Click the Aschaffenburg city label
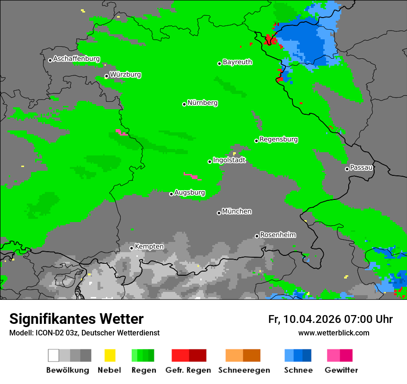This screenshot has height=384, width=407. coord(76,59)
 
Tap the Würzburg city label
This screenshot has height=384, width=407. coord(125,74)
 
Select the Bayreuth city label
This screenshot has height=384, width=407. coord(237,62)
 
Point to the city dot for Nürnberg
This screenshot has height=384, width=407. coord(184,104)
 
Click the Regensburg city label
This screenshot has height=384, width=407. coord(278,139)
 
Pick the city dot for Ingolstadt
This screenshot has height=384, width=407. coord(210,161)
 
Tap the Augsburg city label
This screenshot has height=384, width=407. coord(190,192)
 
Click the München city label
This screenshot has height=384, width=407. coord(237,211)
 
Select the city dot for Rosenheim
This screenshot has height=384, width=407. coord(257,236)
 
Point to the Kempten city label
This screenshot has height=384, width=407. coord(149,247)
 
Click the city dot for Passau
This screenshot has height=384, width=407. coord(347,169)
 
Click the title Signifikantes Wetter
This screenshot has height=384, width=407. coord(76,319)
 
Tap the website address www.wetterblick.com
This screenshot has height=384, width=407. coord(333,333)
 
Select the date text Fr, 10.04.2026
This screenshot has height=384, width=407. coord(304,319)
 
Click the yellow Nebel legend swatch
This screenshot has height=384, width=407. coord(110,355)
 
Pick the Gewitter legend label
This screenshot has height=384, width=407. coord(341,370)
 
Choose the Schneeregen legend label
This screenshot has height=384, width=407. coord(244,370)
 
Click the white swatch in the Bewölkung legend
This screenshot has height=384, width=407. coord(54,355)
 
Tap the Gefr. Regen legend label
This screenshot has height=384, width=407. coord(188,370)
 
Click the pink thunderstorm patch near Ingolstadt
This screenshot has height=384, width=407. coord(191,176)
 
